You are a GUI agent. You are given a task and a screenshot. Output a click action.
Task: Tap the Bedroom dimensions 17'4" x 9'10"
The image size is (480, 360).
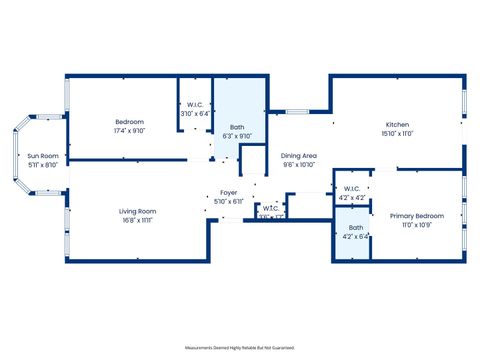coord(130,130)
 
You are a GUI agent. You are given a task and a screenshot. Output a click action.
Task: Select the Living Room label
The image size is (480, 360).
coord(138,210)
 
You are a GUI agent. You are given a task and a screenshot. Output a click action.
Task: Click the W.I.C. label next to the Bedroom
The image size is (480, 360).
coord(195,105)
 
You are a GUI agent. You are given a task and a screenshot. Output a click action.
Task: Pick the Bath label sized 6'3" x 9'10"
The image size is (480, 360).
coord(237,127)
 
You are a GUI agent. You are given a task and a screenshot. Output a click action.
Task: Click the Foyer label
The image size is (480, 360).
coord(229,193)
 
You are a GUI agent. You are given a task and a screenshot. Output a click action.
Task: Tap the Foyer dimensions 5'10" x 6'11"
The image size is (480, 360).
coord(229,202)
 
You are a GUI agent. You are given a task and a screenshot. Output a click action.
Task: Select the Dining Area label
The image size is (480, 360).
coord(299,156)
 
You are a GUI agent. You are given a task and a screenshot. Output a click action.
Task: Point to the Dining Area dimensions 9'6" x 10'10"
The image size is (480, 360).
coord(299,165)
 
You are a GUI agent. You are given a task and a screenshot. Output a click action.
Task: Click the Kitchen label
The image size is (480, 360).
coord(397,125)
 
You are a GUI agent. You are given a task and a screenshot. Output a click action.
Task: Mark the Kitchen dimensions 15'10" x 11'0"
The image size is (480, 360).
coord(397,134)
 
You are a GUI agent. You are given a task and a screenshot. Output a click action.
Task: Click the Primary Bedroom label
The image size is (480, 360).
coord(416,216)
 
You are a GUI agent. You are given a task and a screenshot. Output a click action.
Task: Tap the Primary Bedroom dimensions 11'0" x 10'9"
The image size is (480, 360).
coord(416,225)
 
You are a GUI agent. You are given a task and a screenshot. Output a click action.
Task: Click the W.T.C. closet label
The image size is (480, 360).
coord(270,208)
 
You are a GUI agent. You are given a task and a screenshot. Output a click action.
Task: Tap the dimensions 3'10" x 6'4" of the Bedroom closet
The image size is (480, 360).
coord(195,114)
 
